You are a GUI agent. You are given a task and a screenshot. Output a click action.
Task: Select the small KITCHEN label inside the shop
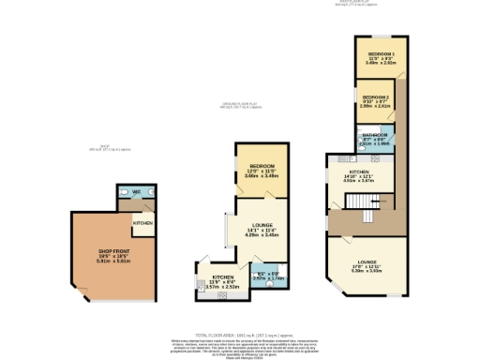[x=142, y=223]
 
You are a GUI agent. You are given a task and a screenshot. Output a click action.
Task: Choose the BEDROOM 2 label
[x=375, y=97]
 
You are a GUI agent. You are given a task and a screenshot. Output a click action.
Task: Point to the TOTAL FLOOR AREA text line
[x=240, y=335]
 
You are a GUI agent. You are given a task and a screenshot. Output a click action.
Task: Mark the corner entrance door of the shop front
[x=83, y=297]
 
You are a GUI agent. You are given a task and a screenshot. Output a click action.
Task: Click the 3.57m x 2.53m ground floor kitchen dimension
[x=224, y=286]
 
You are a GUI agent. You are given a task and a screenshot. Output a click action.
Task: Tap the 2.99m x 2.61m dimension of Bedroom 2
[x=375, y=107]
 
